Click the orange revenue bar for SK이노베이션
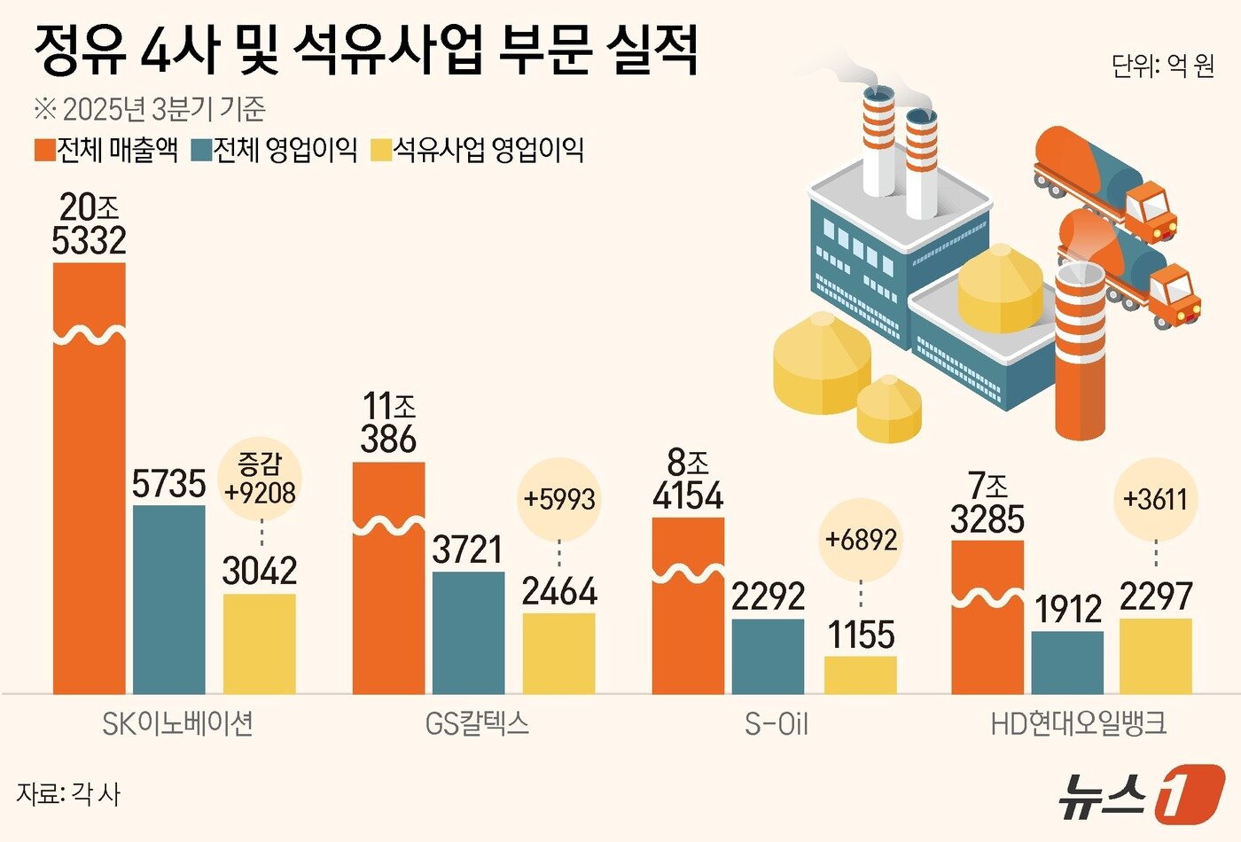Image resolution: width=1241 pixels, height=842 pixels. [89, 479]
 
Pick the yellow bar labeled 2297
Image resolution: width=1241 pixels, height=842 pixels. [1155, 656]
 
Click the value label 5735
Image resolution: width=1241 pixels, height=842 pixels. [168, 484]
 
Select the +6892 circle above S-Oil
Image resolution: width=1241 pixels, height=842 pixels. [861, 539]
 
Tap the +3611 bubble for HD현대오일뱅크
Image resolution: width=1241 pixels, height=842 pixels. [1155, 498]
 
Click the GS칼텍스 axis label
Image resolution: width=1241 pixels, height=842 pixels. [477, 724]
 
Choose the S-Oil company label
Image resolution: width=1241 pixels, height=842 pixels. [777, 724]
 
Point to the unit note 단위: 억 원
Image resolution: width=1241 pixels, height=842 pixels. [1162, 66]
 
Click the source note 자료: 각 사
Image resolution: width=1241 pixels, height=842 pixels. [67, 793]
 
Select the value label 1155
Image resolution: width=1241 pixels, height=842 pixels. [861, 635]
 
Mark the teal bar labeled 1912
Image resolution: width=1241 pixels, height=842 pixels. [1067, 662]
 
